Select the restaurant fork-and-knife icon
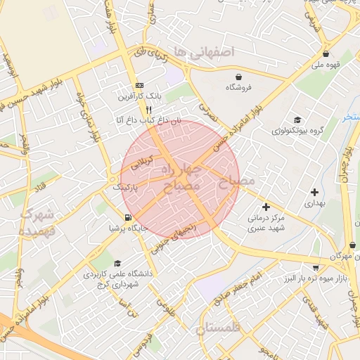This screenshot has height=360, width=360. tap(148, 110)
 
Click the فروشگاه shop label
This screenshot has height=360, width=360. tap(239, 87)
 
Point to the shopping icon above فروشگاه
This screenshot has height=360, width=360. tap(239, 77)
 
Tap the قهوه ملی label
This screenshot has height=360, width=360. tap(326, 65)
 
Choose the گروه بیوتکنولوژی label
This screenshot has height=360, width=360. tap(297, 130)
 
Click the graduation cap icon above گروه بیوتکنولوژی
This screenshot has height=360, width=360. tap(297, 120)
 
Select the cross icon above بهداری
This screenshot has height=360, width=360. tap(314, 192)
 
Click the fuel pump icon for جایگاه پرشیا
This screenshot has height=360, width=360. tap(127, 217)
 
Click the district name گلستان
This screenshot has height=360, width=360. tap(219, 328)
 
